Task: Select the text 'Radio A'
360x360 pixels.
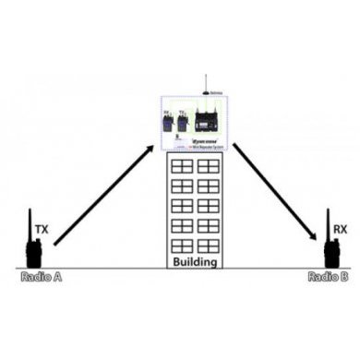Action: click(41, 275)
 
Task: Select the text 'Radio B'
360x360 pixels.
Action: click(327, 275)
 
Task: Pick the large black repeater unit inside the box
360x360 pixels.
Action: click(210, 119)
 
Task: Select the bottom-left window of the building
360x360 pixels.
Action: click(182, 246)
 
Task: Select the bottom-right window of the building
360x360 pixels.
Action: click(209, 246)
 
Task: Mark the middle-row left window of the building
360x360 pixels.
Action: click(182, 205)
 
